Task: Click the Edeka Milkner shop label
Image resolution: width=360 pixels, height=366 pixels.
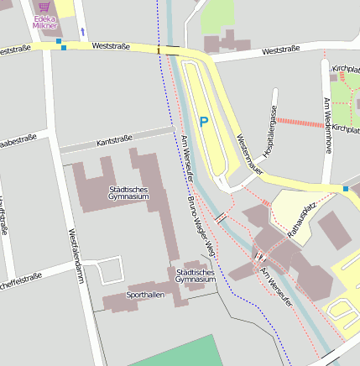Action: [x=44, y=22]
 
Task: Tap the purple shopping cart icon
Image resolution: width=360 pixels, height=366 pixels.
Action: [x=44, y=7]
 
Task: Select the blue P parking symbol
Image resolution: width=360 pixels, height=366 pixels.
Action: [x=203, y=122]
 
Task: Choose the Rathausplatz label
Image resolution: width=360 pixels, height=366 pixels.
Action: [x=300, y=222]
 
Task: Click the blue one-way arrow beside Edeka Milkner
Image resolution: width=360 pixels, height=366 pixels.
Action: [x=82, y=32]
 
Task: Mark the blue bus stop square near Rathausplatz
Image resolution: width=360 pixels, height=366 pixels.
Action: [x=345, y=189]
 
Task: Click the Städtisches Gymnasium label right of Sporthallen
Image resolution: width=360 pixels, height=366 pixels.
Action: [x=196, y=276]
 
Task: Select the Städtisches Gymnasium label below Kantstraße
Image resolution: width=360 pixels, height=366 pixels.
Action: [x=128, y=193]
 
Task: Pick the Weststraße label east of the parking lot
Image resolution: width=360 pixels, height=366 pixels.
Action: [x=280, y=50]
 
